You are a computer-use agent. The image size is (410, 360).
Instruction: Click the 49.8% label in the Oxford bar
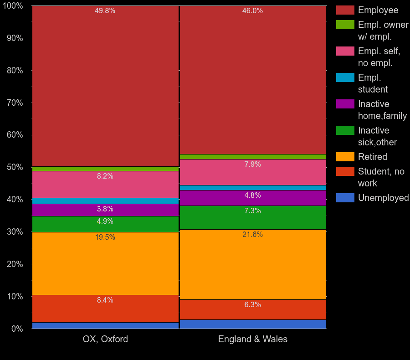click(x=105, y=11)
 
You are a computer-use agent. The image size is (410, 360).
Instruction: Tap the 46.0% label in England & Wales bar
click(x=252, y=11)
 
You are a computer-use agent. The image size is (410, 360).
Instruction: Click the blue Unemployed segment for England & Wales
click(x=253, y=324)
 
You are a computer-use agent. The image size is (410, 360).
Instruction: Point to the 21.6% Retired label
click(x=252, y=235)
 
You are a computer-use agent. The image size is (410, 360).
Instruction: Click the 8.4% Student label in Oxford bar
click(x=105, y=300)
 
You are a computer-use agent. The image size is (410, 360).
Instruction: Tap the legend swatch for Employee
click(x=345, y=10)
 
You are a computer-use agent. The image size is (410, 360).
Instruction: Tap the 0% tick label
click(x=17, y=329)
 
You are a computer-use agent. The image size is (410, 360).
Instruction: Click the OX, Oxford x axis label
click(x=105, y=339)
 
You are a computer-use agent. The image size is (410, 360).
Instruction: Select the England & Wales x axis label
click(x=252, y=339)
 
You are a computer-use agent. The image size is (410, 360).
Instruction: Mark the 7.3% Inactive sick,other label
click(x=252, y=211)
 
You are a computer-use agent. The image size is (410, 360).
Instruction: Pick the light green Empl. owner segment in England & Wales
click(x=253, y=157)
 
